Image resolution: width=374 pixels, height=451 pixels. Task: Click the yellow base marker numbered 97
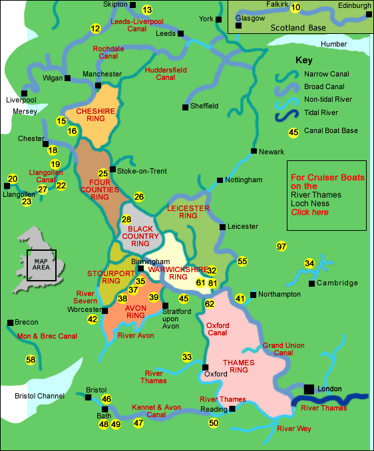pyautogui.click(x=281, y=247)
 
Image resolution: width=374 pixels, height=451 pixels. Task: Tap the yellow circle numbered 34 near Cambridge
pyautogui.click(x=309, y=263)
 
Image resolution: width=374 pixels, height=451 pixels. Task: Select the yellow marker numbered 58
pyautogui.click(x=31, y=360)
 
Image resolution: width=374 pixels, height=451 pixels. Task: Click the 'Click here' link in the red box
pyautogui.click(x=309, y=212)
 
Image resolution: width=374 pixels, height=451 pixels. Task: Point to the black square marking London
pyautogui.click(x=309, y=388)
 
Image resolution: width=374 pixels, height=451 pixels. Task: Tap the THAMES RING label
pyautogui.click(x=238, y=367)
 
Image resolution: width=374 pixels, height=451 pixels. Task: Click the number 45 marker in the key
pyautogui.click(x=293, y=132)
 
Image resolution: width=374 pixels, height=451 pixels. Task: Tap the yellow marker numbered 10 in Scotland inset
pyautogui.click(x=296, y=8)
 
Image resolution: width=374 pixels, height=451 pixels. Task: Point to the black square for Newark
pyautogui.click(x=254, y=152)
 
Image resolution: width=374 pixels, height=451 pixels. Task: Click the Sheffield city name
pyautogui.click(x=204, y=106)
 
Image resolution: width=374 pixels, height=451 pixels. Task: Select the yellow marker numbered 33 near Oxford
pyautogui.click(x=187, y=357)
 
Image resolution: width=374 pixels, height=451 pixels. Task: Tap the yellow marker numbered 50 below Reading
pyautogui.click(x=213, y=422)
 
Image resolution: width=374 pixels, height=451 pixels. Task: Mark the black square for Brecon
pyautogui.click(x=10, y=323)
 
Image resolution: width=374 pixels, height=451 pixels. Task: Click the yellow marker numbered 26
pyautogui.click(x=139, y=196)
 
